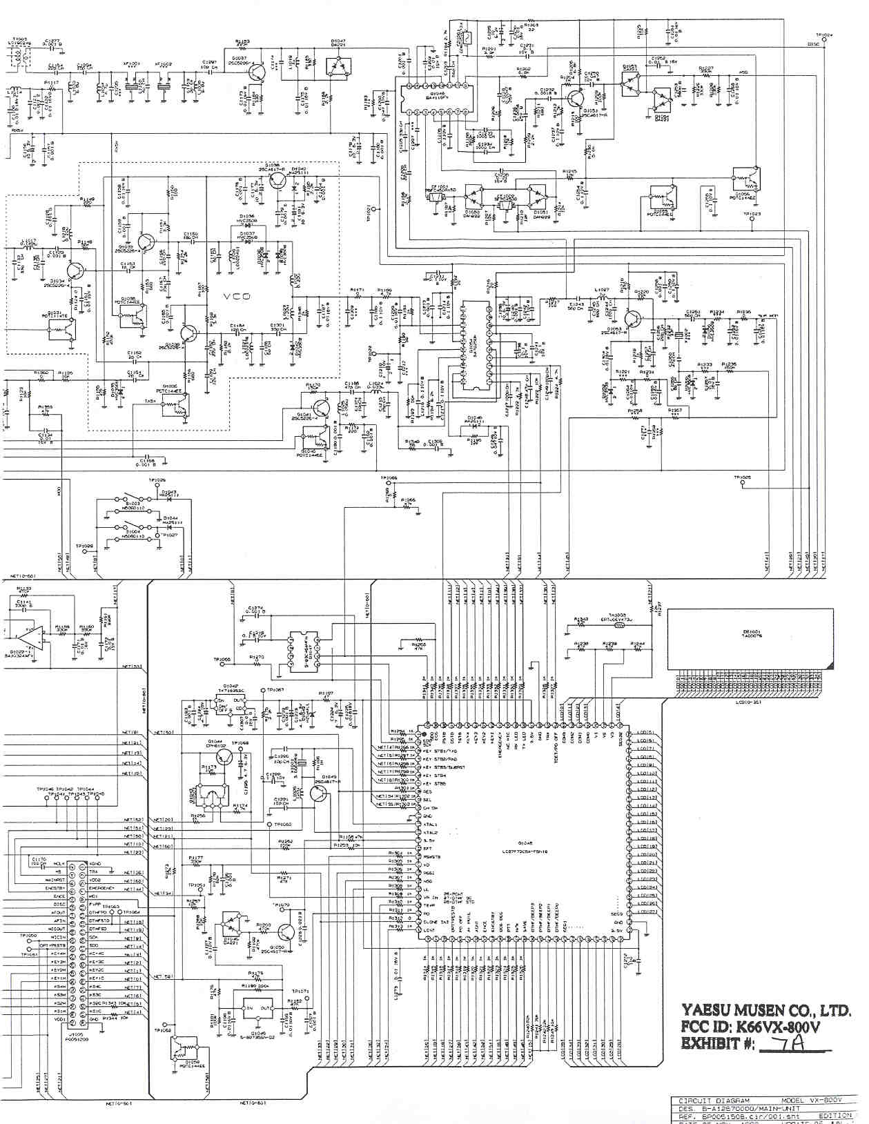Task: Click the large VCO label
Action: [236, 296]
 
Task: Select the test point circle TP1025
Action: [743, 482]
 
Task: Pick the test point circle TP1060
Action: [270, 825]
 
